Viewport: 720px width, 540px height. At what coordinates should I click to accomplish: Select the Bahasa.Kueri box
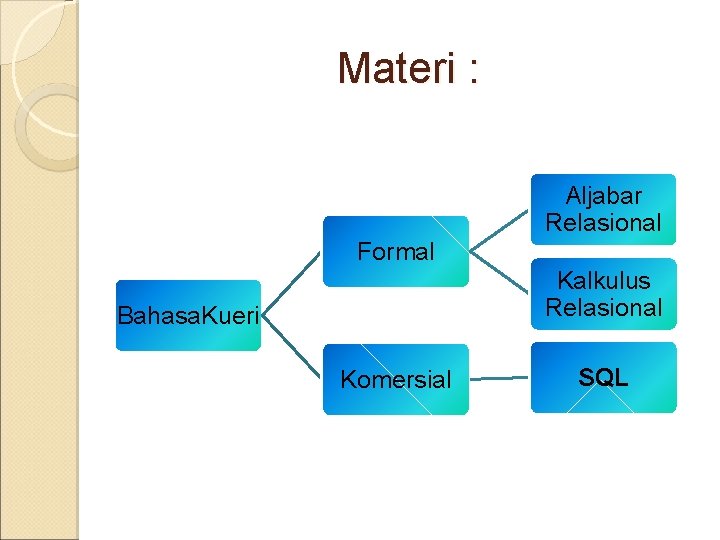click(x=188, y=316)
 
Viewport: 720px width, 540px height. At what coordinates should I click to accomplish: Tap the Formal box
click(x=395, y=252)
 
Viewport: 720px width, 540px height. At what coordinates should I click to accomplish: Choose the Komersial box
click(x=395, y=379)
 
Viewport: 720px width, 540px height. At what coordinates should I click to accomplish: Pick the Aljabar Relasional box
click(x=603, y=209)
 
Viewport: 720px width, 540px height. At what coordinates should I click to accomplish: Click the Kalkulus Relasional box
click(x=603, y=294)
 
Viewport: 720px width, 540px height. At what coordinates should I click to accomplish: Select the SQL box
click(x=603, y=378)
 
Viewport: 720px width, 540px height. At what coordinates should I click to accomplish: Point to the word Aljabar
click(x=604, y=196)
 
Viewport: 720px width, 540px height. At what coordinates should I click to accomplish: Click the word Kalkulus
click(x=604, y=281)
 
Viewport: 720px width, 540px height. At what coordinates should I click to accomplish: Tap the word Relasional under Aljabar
click(x=604, y=223)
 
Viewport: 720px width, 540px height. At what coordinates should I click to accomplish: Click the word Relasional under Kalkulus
click(x=604, y=308)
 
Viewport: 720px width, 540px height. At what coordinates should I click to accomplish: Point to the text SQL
click(x=603, y=378)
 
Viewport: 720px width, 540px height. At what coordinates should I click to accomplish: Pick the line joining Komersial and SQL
click(x=499, y=379)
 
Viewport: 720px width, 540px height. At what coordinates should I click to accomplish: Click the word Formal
click(x=396, y=252)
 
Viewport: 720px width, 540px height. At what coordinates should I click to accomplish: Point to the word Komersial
click(x=396, y=380)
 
